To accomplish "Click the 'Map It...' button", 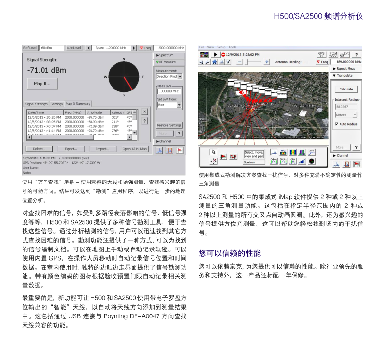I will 42,84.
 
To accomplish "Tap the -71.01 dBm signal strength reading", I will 46,70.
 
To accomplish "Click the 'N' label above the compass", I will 123,59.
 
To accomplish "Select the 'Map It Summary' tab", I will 78,104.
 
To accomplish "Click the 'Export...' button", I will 71,149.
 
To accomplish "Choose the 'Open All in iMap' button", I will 135,149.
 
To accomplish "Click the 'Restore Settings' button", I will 169,125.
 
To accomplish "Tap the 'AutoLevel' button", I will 74,48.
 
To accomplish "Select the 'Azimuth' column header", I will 117,112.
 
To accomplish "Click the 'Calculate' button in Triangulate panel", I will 346,89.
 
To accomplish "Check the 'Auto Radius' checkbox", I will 336,124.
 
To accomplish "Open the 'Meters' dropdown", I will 346,115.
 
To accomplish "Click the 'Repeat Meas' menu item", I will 347,69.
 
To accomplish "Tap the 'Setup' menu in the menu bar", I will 221,47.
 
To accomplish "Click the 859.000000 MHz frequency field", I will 349,62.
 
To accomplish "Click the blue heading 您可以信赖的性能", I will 229,253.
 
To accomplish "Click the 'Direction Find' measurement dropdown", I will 169,77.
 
